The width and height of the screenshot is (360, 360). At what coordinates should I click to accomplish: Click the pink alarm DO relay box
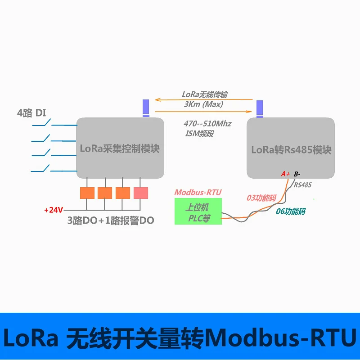141,193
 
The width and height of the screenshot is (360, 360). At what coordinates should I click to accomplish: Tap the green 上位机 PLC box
198,211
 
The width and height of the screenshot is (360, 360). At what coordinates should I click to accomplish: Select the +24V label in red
54,210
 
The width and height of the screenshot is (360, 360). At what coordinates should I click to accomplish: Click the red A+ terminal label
285,174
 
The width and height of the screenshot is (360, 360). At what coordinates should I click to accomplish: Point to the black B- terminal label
297,174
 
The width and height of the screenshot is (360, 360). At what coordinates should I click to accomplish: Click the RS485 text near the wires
302,185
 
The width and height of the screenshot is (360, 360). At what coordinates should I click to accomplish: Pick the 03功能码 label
261,198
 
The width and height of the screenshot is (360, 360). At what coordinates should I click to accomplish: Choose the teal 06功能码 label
290,211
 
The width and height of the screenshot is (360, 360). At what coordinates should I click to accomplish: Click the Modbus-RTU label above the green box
198,193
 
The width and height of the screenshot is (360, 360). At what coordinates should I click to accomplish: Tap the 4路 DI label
31,113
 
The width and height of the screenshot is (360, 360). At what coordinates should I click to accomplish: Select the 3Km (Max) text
203,104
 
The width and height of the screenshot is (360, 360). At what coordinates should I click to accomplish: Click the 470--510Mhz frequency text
207,124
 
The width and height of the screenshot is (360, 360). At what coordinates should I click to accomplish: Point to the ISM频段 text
199,133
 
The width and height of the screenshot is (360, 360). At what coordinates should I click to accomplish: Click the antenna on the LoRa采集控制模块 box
146,108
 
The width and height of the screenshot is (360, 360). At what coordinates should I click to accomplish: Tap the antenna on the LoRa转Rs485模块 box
260,109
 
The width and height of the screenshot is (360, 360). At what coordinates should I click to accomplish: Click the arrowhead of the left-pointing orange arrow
157,99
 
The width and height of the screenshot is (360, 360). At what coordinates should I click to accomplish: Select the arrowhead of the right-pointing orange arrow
249,112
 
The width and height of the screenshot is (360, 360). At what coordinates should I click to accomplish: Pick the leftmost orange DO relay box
87,193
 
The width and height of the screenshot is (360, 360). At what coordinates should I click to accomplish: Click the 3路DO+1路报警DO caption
111,220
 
